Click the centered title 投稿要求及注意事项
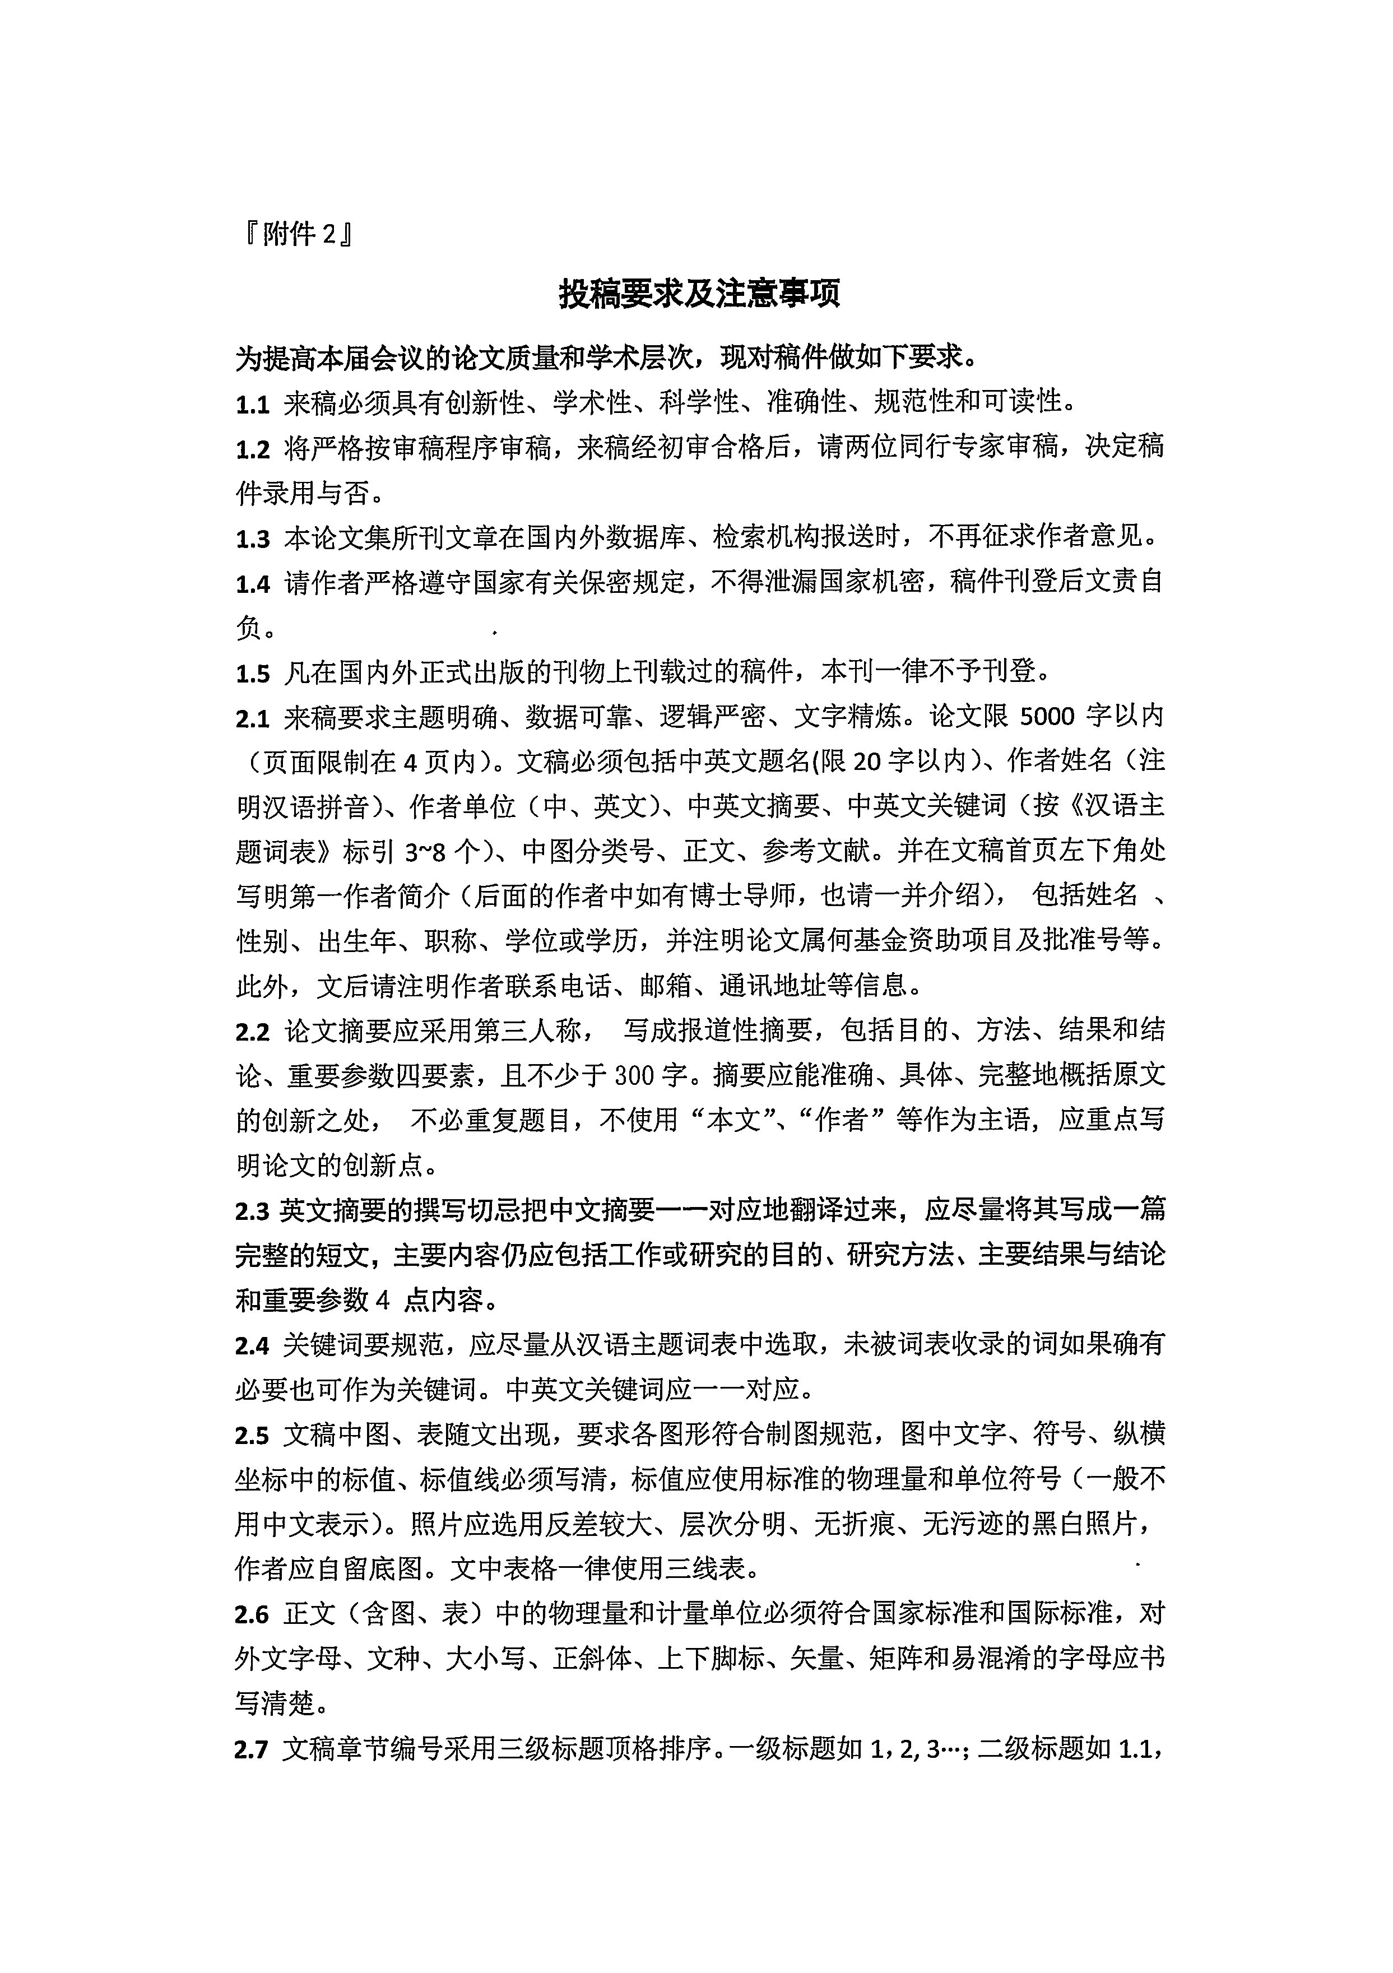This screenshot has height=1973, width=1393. coord(699,294)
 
